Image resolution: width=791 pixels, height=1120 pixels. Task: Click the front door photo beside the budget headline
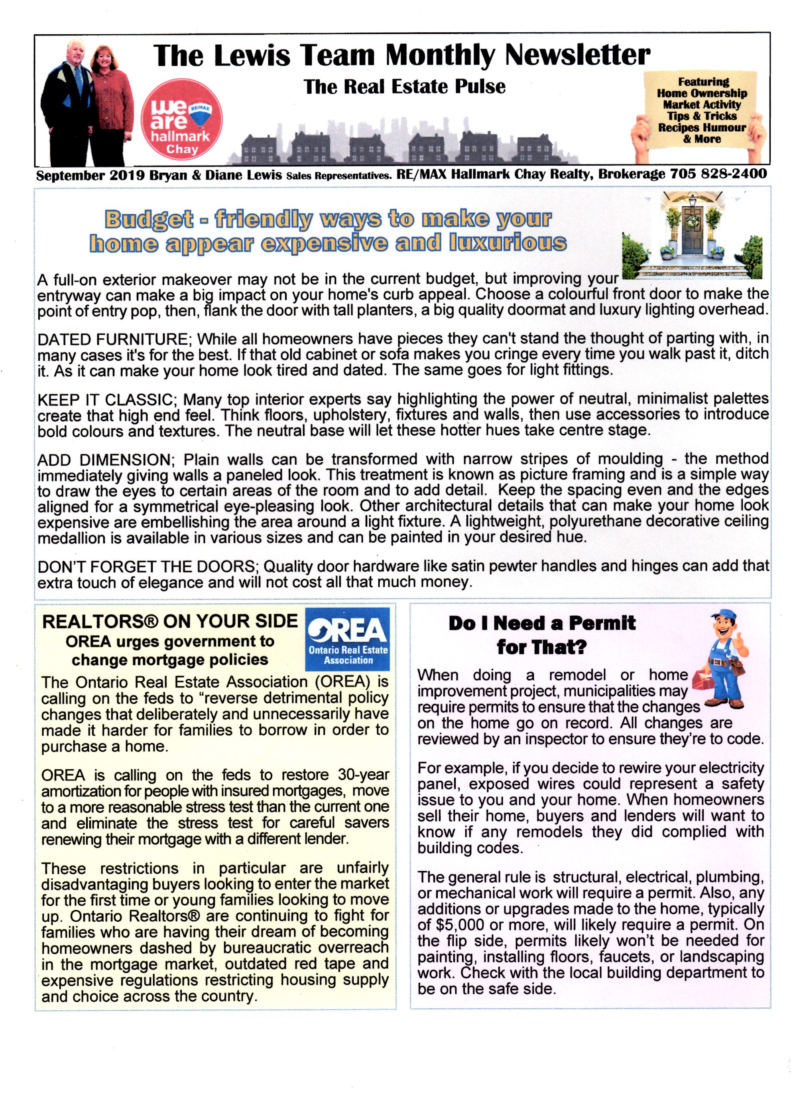(x=692, y=235)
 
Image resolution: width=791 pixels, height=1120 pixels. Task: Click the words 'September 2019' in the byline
(x=90, y=176)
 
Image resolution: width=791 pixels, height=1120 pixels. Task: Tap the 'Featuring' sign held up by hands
(x=701, y=110)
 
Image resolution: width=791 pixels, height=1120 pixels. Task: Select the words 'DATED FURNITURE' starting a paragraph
(x=112, y=339)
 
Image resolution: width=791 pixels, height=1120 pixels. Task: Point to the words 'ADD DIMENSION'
(x=103, y=460)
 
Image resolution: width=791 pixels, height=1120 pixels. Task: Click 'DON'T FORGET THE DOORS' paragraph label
(x=147, y=567)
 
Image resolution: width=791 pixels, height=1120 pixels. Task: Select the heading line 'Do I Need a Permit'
(x=542, y=623)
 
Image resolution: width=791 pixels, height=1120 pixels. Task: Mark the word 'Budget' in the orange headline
(x=149, y=219)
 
